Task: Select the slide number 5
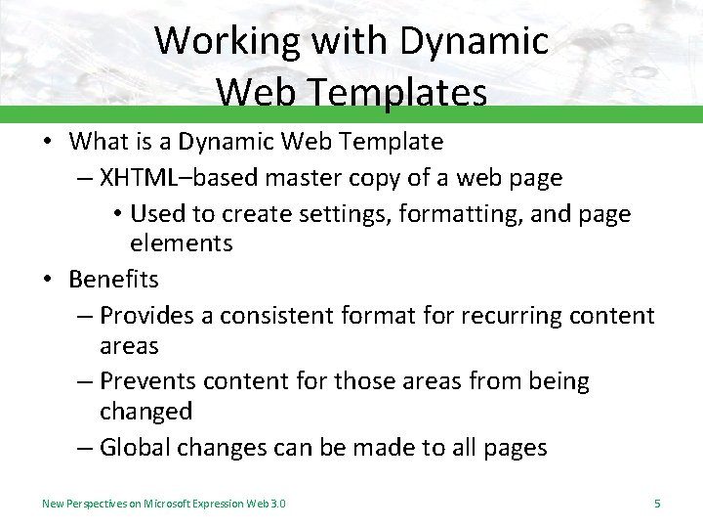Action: coord(657,504)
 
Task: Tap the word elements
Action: coord(182,242)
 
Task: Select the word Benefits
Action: coord(113,279)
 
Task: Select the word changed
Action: coord(145,411)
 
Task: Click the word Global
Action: coord(133,448)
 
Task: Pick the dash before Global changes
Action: coord(84,448)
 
